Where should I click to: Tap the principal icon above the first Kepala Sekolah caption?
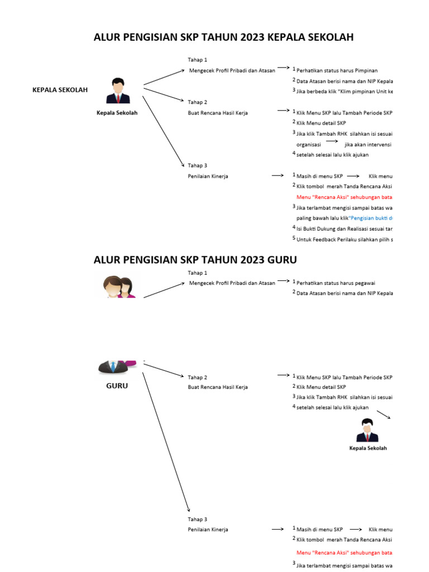(x=118, y=91)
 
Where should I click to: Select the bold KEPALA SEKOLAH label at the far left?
(x=60, y=90)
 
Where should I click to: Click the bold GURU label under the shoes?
(x=117, y=385)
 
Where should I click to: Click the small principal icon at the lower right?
(x=368, y=430)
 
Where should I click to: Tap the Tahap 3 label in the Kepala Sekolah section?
(x=197, y=165)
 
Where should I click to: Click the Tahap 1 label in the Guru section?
(x=197, y=273)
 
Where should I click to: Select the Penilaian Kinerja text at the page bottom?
(x=208, y=530)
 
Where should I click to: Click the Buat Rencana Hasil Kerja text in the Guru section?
(x=218, y=387)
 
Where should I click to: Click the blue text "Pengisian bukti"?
(x=371, y=218)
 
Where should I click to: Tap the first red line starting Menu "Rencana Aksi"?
(x=344, y=197)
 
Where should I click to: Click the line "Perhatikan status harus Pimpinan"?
(x=337, y=70)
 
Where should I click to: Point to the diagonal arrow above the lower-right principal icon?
(x=383, y=414)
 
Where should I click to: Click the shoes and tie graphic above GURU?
(x=117, y=366)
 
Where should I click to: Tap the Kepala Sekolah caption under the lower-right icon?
(x=368, y=448)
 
